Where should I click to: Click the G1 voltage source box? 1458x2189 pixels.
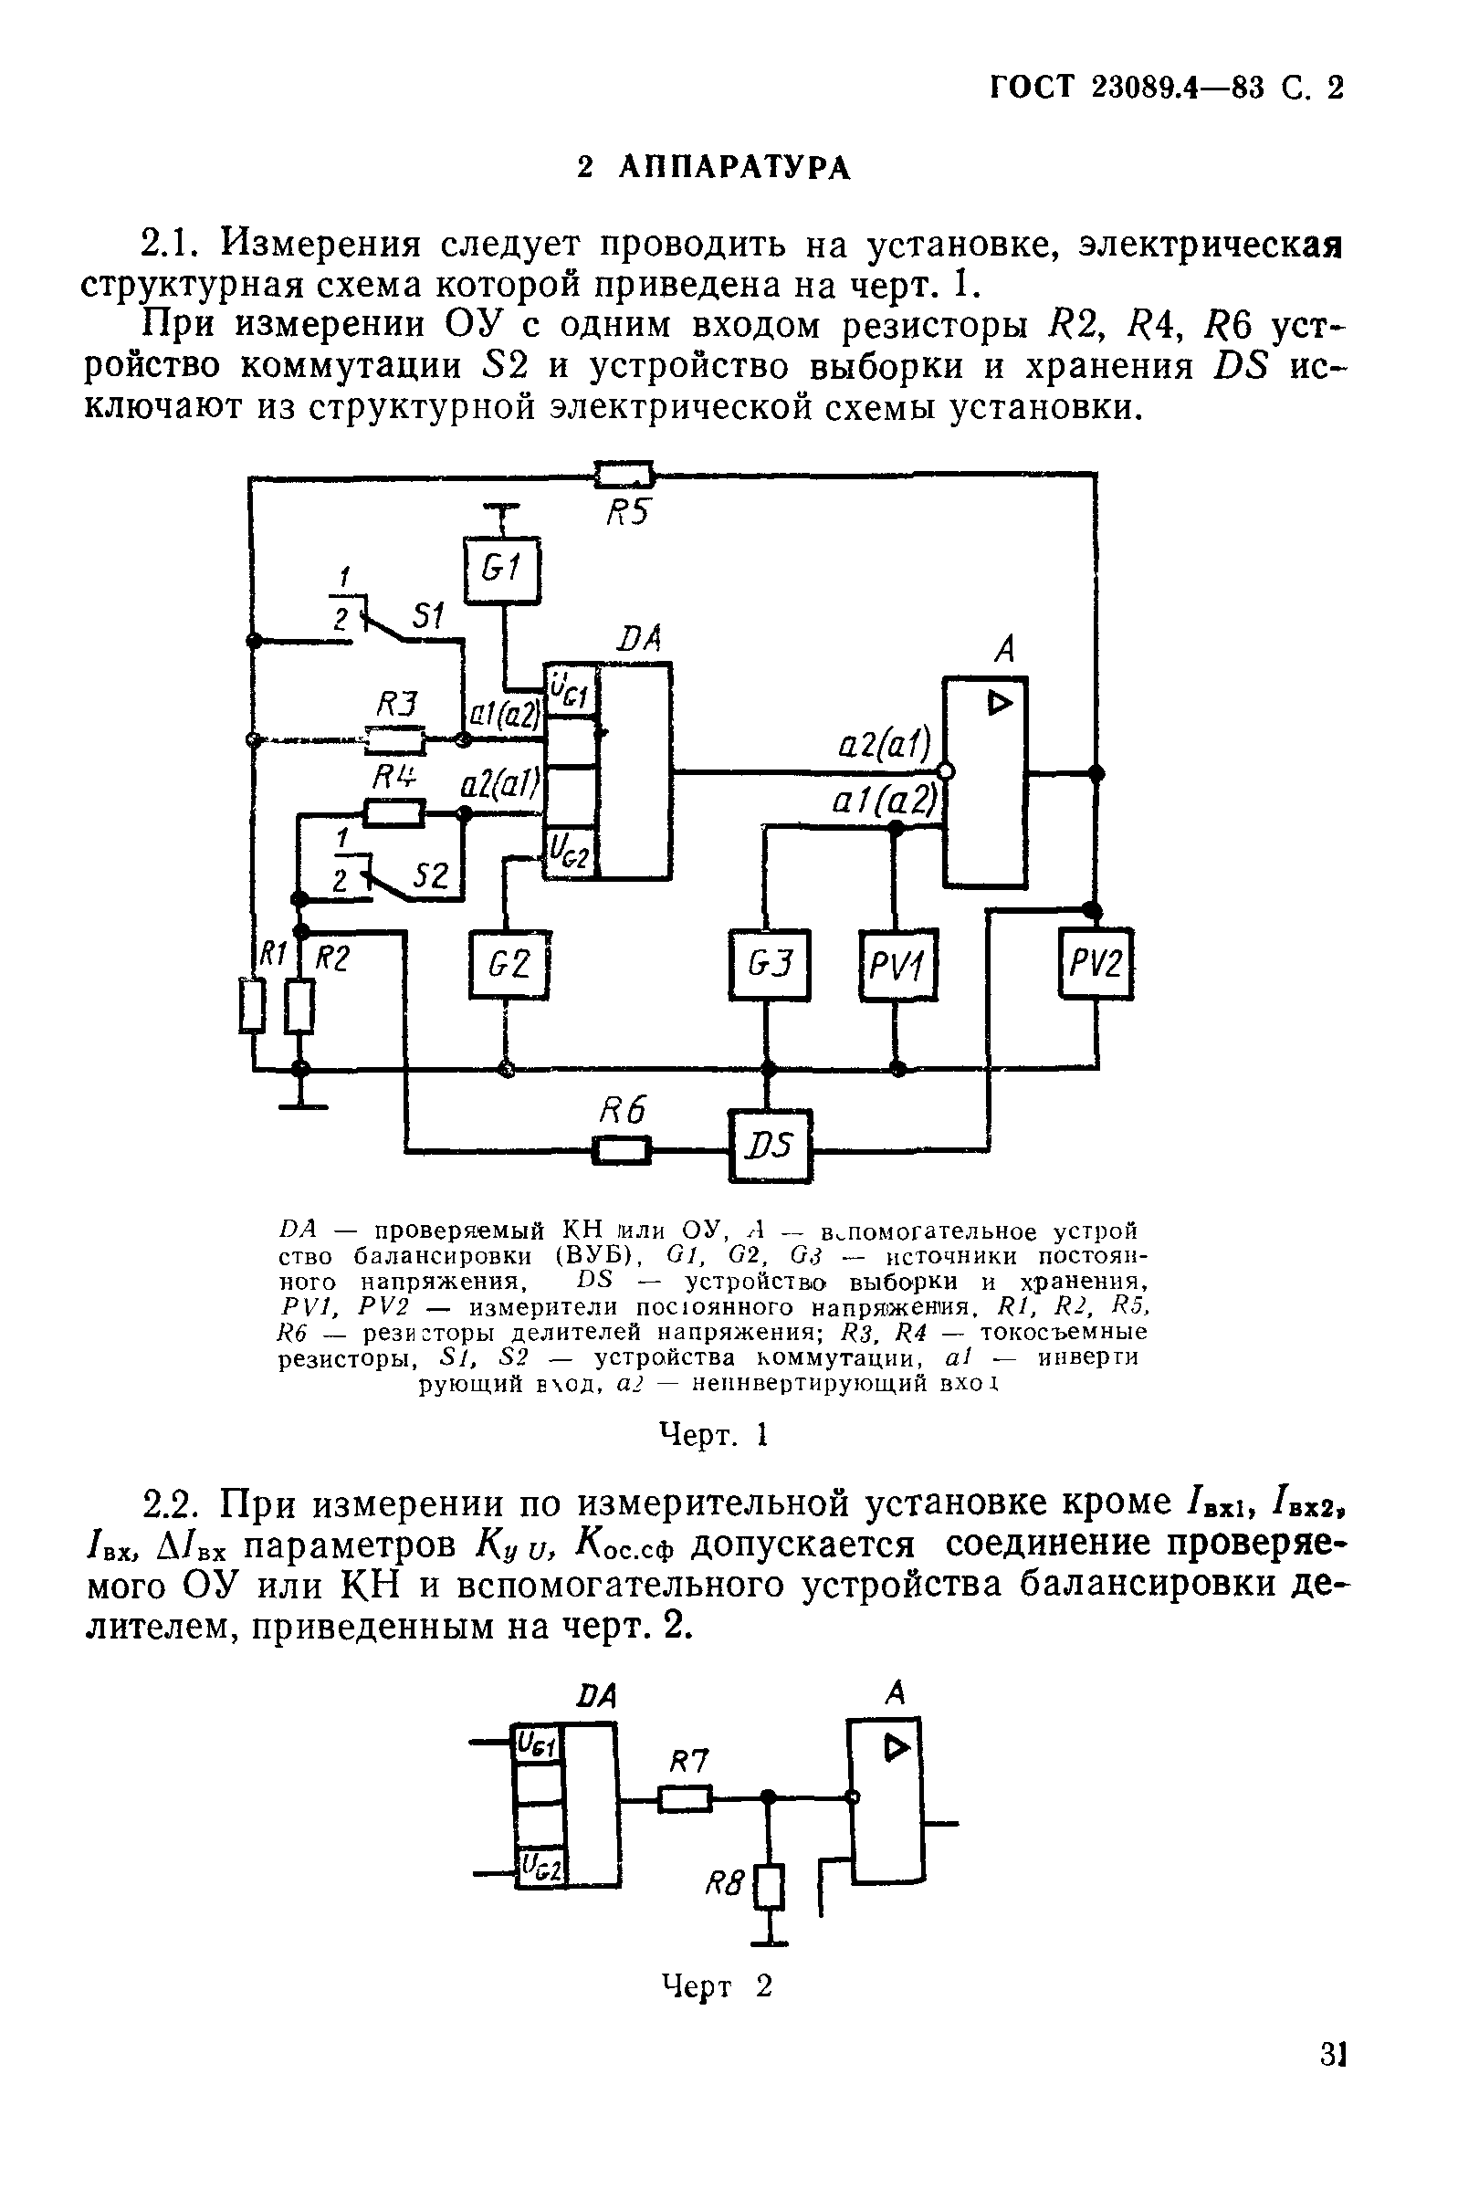tap(502, 571)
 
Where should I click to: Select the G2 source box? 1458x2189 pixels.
tap(509, 964)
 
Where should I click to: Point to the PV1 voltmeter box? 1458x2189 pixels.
tap(897, 967)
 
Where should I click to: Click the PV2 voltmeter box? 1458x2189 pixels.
tap(1096, 964)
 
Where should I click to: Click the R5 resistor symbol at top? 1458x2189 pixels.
tap(624, 476)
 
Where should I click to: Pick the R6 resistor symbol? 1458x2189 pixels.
tap(622, 1152)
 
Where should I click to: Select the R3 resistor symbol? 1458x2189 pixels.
tap(396, 740)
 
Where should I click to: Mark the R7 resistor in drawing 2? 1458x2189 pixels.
tap(686, 1798)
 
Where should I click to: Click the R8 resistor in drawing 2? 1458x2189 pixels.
tap(770, 1888)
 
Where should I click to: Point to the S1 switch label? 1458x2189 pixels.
tap(428, 614)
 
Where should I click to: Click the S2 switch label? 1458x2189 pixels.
tap(431, 875)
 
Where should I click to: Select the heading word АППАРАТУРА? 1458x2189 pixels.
tap(734, 168)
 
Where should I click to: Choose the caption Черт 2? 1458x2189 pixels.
tap(716, 1986)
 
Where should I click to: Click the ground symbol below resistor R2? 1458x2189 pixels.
tap(300, 1104)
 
